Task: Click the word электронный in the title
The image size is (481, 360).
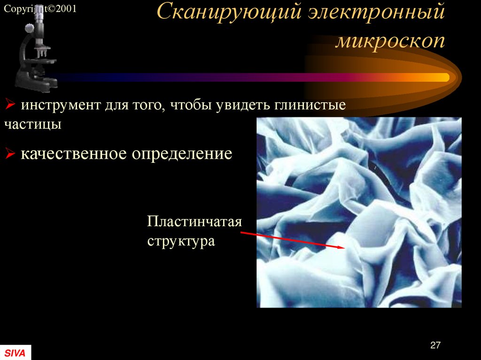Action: point(376,13)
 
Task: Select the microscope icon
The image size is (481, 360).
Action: point(36,52)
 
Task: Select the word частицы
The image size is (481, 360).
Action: point(33,124)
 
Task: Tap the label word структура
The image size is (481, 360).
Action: point(181,241)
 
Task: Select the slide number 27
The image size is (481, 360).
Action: point(435,345)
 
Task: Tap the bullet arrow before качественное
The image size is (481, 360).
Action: point(9,153)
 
